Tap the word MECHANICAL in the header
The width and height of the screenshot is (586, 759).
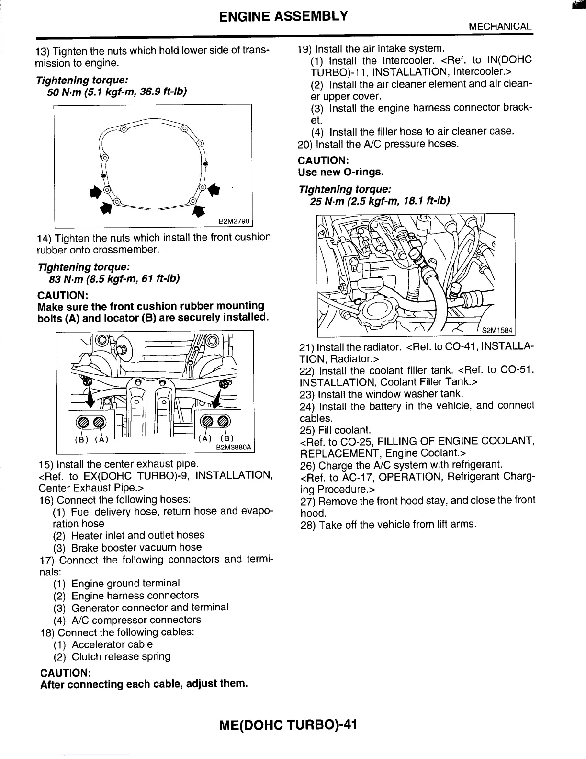500,26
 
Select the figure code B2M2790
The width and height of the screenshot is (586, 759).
234,221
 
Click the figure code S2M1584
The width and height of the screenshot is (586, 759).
496,330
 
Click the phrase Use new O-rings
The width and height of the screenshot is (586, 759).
341,172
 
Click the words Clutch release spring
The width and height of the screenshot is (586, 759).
121,656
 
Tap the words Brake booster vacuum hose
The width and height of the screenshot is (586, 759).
136,547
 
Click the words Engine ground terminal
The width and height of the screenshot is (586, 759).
125,584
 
